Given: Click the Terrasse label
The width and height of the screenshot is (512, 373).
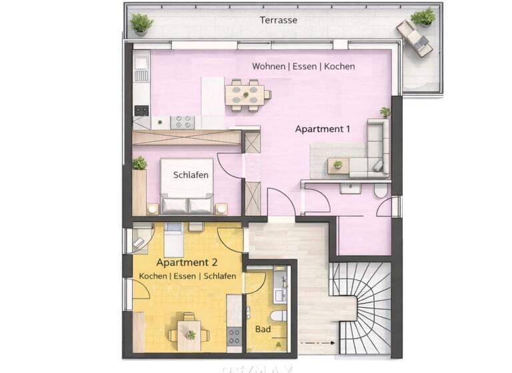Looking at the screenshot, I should [278, 20].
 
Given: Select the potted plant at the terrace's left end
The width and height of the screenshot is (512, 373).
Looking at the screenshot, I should [141, 23].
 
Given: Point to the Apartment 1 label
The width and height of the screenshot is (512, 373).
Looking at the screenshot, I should [323, 129].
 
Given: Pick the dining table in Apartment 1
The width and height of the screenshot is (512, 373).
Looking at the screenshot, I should [245, 93].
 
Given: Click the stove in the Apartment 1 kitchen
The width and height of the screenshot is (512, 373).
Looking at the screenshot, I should [183, 122].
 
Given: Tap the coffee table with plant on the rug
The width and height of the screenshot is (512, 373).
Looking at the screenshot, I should [338, 165].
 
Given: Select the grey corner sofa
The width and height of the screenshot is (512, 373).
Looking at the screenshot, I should [374, 153].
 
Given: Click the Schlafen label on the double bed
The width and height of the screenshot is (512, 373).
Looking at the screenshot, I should [191, 175].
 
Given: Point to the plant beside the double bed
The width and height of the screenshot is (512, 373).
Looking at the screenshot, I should [139, 163].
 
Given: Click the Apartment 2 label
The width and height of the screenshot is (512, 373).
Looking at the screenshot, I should [187, 263].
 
